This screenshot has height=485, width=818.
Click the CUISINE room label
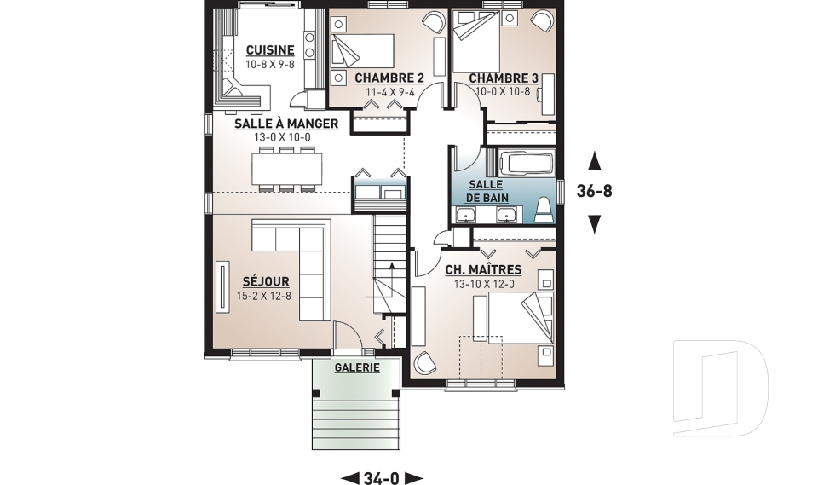[270, 50]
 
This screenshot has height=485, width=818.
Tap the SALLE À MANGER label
[286, 124]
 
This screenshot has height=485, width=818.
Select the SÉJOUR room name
[266, 281]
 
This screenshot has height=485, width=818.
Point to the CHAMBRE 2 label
[389, 78]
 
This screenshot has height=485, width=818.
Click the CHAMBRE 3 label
[504, 78]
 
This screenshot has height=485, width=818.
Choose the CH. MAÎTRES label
[483, 270]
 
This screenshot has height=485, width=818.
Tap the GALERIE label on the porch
[357, 367]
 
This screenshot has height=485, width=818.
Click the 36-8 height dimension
[594, 192]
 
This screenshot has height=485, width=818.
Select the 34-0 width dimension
[382, 477]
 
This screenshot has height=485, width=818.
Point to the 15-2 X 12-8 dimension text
[264, 296]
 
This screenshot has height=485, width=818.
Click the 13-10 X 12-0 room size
[484, 285]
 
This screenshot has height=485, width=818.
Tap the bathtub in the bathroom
[527, 162]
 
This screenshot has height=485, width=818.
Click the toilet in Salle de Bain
[544, 211]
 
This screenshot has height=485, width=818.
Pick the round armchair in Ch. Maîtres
[423, 362]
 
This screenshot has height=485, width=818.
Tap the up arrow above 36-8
[594, 161]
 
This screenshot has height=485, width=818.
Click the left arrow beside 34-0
[350, 477]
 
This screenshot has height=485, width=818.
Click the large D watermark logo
[720, 388]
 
